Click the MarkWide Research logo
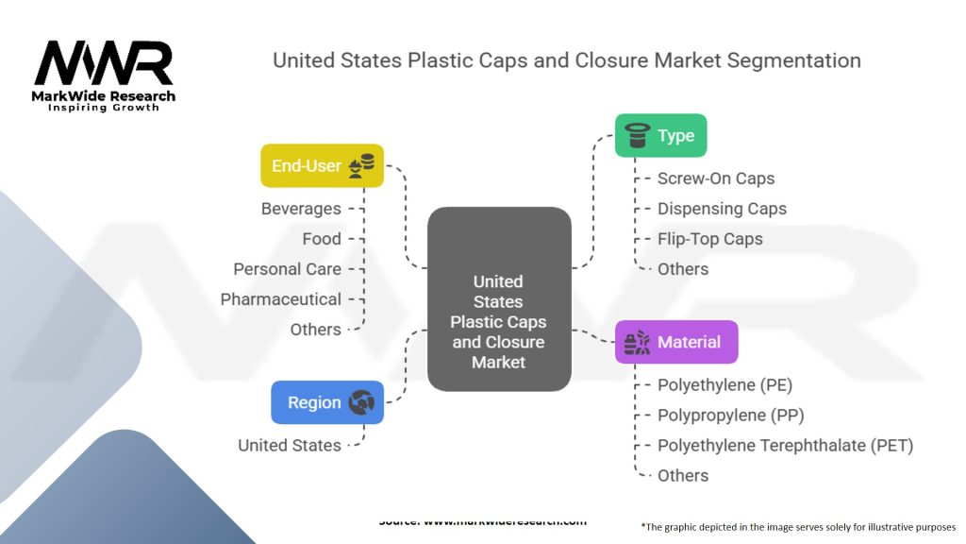point(104,76)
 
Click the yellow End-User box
point(322,165)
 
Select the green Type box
point(660,135)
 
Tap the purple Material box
point(675,342)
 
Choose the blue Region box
point(326,402)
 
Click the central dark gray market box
point(498,299)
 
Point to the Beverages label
point(301,209)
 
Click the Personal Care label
point(287,269)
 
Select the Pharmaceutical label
point(280,299)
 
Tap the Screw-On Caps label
point(716,178)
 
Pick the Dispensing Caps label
point(722,209)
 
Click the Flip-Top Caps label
point(709,239)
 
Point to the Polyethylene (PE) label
point(724,385)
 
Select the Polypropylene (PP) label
point(730,415)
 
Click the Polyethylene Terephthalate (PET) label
point(785,445)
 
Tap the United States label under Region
point(289,445)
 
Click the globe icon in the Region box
point(361,403)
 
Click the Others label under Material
point(682,475)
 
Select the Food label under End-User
point(322,239)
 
